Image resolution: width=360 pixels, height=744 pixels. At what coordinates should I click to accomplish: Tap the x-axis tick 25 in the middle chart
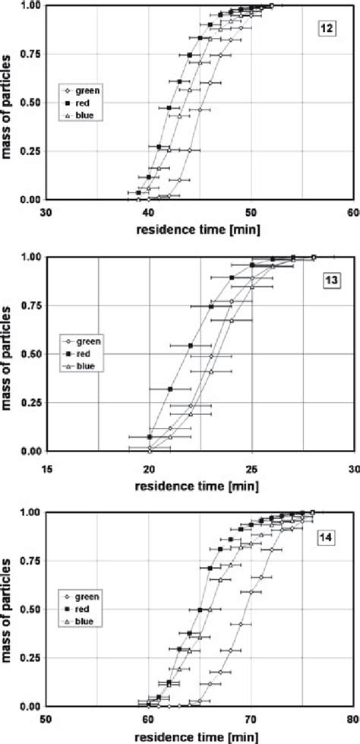tap(251, 463)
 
